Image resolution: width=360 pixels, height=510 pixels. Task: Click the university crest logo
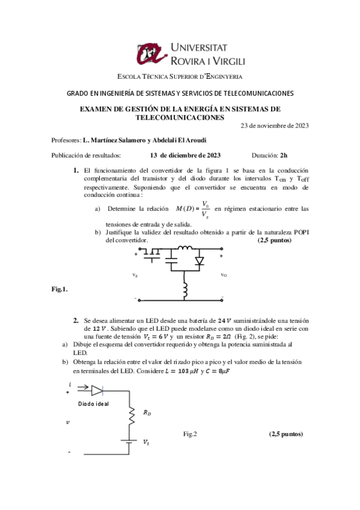(x=150, y=55)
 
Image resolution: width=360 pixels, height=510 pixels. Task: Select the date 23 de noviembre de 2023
(x=275, y=126)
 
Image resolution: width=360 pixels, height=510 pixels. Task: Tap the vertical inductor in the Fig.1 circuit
(x=186, y=290)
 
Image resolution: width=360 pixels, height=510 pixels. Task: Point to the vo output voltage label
(x=223, y=275)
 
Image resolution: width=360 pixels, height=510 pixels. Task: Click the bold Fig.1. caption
(x=60, y=289)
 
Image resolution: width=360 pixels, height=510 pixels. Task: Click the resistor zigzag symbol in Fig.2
(x=130, y=414)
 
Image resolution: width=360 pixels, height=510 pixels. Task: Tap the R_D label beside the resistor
(x=147, y=413)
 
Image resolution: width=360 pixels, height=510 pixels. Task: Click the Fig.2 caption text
(x=191, y=433)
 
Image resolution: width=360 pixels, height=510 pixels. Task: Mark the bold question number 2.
(x=76, y=321)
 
